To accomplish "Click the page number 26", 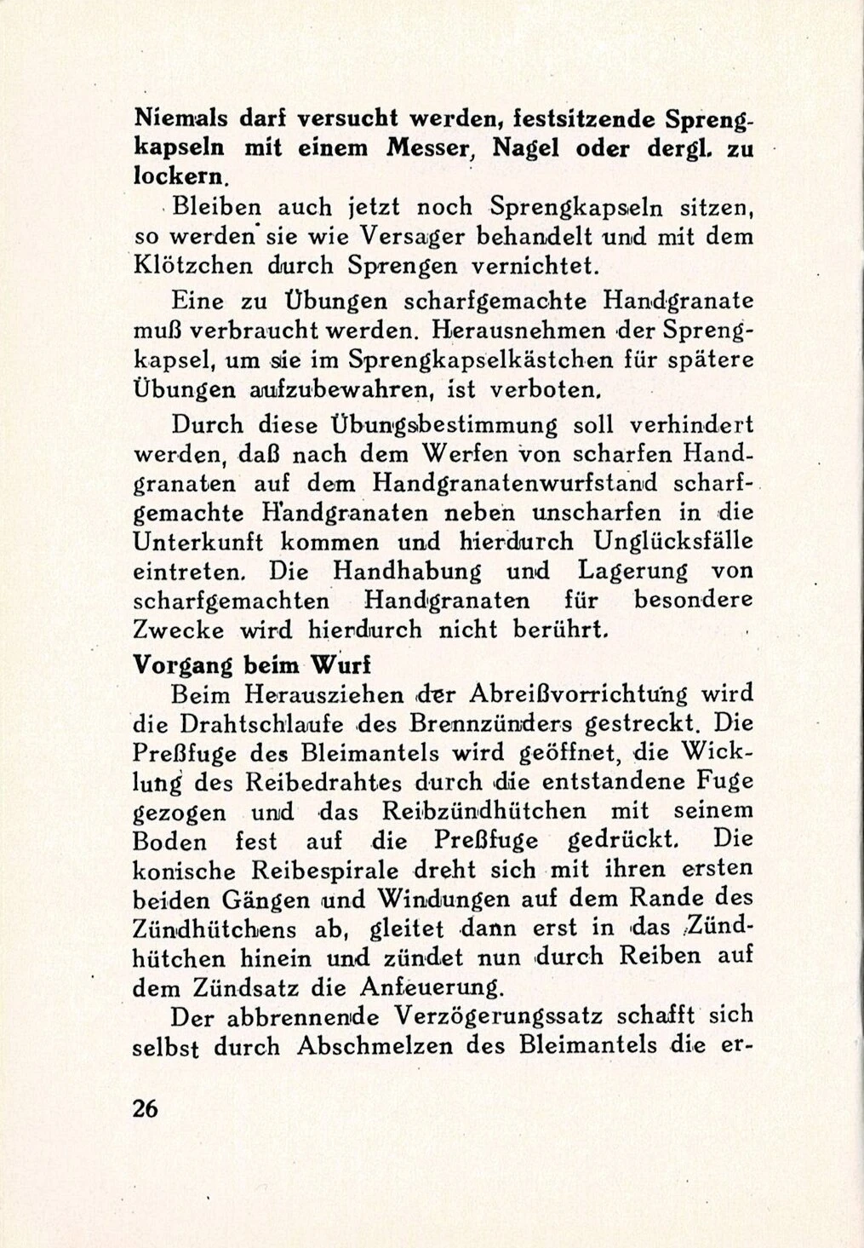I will tap(146, 1109).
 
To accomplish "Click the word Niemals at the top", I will tap(175, 118).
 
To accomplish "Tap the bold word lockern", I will tap(180, 176).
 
